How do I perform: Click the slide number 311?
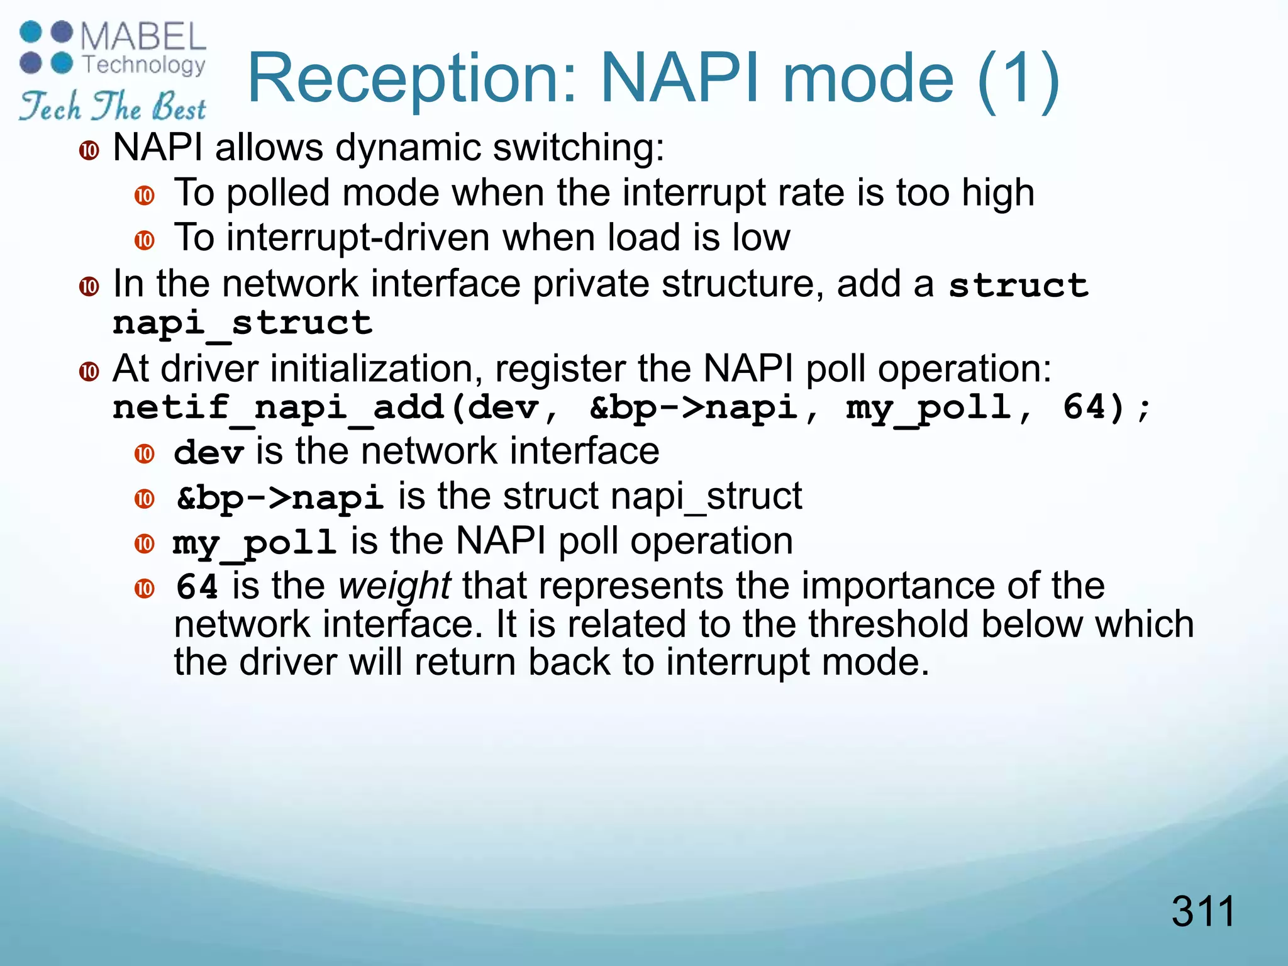1202,911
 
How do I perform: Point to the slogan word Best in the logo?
179,107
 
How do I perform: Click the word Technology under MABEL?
144,65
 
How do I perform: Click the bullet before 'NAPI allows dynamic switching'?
89,151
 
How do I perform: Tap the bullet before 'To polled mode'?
145,196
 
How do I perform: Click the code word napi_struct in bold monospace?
243,323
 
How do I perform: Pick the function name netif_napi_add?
279,408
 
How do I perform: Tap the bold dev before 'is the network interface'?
208,453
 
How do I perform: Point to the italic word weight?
394,586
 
